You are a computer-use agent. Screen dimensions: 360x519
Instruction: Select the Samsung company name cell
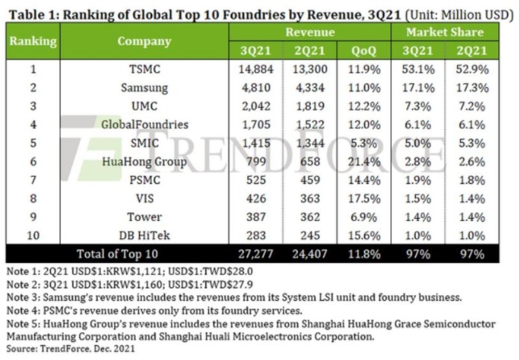tap(143, 87)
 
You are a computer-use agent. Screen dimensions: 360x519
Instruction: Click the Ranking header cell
tap(33, 41)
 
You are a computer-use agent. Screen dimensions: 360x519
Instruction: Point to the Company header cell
tap(143, 41)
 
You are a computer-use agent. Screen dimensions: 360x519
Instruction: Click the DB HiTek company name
tap(143, 235)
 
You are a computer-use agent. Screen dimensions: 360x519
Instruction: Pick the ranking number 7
tap(33, 180)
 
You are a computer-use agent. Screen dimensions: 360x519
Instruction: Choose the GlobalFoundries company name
tap(143, 125)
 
